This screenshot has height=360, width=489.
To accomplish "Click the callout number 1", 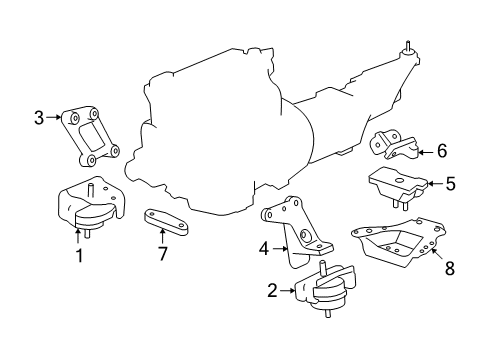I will (78, 256).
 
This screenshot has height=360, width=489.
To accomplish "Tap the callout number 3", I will (38, 118).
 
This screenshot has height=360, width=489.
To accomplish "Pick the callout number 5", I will (450, 183).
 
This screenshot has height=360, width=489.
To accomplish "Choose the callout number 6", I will (441, 152).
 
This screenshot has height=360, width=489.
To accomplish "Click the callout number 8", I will (449, 267).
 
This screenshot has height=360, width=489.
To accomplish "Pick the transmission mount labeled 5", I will (398, 187).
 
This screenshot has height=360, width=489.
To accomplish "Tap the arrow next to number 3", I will (52, 118).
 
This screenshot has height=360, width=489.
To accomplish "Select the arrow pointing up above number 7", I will (162, 238).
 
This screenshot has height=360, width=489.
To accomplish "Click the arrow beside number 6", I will (424, 152).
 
